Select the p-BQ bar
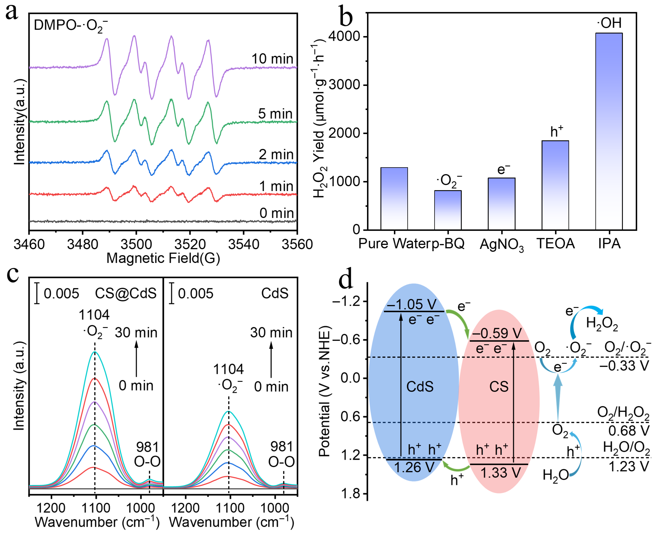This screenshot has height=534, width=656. click(x=448, y=210)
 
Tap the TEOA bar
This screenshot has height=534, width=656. click(x=555, y=185)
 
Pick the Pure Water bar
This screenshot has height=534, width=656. click(x=394, y=199)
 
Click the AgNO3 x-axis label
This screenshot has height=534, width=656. click(x=502, y=245)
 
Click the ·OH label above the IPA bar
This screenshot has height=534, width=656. click(x=609, y=23)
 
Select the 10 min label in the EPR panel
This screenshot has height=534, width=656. click(x=272, y=59)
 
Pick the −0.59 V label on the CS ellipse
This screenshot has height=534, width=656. click(x=497, y=333)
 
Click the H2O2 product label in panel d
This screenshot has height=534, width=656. click(x=602, y=324)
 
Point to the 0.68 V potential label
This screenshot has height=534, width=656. click(x=629, y=431)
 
